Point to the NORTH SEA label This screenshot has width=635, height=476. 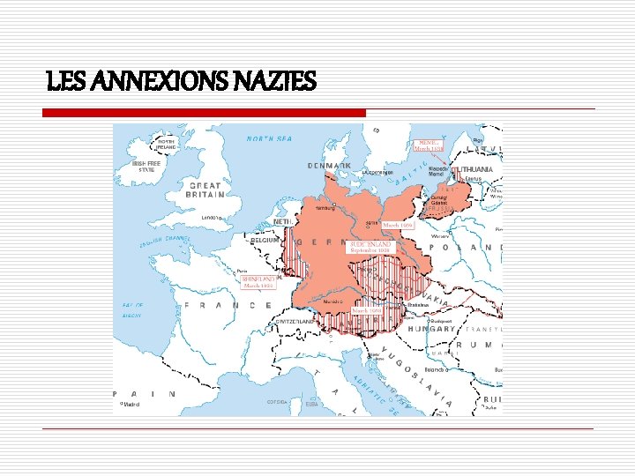tap(268, 138)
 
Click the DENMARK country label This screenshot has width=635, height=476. tap(329, 166)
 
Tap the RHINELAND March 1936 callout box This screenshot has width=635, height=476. tap(258, 281)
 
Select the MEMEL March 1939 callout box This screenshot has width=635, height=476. tap(430, 145)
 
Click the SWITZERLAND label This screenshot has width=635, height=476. tap(296, 322)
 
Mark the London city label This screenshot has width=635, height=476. tap(211, 217)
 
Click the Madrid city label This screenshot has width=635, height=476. tap(131, 404)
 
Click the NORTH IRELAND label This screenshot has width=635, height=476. tap(165, 142)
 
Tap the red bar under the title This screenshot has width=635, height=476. tap(205, 113)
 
